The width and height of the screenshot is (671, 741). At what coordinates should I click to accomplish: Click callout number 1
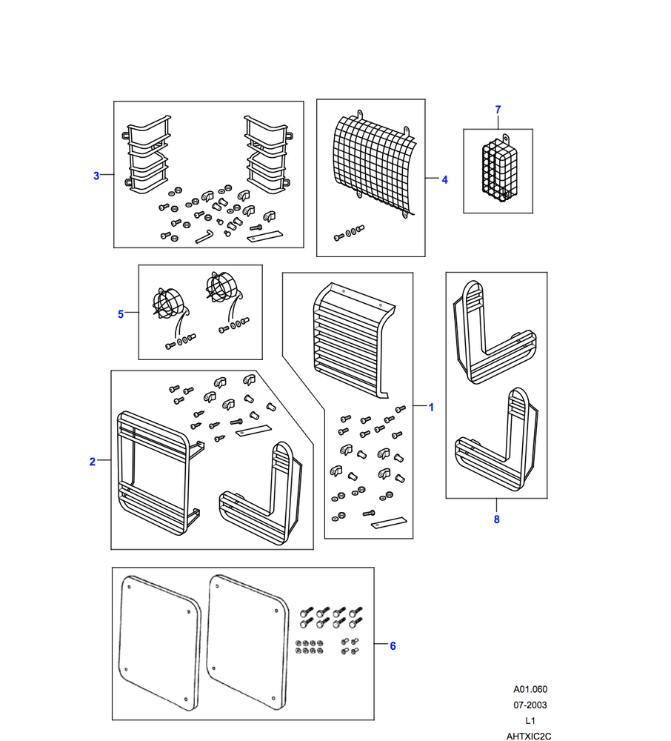click(x=431, y=407)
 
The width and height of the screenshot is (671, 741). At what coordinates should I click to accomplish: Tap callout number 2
click(x=93, y=462)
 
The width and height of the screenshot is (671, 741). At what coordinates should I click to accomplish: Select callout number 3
click(x=96, y=176)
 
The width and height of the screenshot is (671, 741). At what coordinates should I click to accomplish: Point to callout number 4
click(x=444, y=179)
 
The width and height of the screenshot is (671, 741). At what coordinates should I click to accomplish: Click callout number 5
click(x=121, y=314)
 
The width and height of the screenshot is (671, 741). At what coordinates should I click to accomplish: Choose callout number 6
click(x=393, y=646)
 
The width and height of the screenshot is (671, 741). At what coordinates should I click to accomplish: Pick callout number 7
click(x=498, y=110)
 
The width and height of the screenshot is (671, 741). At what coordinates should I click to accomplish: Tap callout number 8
click(x=496, y=519)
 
